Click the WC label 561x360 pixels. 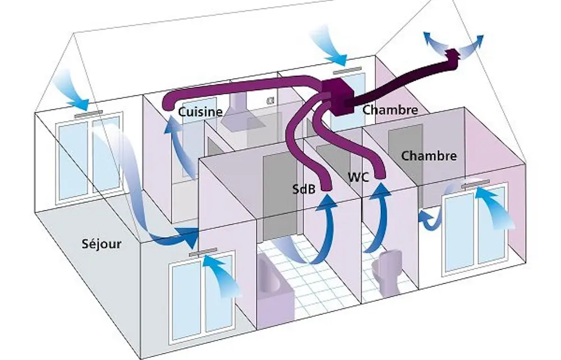(x=357, y=177)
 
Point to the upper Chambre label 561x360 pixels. (x=389, y=110)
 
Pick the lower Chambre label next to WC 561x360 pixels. (x=429, y=155)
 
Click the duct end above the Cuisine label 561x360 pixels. (x=167, y=104)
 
